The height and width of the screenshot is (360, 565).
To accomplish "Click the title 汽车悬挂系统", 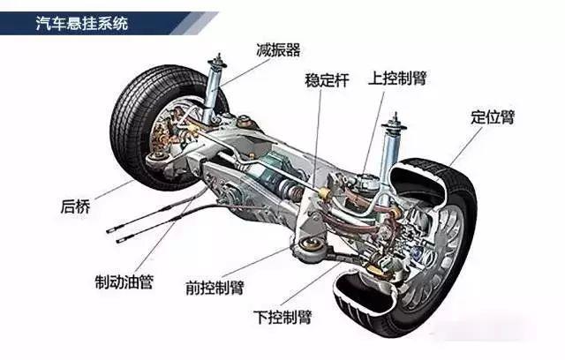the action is pos(82,24).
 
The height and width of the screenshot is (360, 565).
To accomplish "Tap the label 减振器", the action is pos(278,50).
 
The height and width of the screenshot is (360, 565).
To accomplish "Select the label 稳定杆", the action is pos(327,80).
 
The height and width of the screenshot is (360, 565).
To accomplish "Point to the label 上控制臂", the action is pos(397,78).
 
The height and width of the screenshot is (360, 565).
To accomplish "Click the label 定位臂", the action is pos(493,117).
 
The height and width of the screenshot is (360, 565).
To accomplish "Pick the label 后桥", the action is pos(75,206).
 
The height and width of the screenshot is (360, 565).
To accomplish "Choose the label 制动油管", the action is pos(124,281).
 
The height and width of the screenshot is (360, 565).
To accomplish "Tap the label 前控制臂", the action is pos(215,288).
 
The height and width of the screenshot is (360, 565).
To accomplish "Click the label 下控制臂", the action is pos(282,317).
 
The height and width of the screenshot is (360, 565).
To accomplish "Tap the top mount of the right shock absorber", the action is pos(395,124).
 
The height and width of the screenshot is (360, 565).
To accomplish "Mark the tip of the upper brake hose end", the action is pos(107,231).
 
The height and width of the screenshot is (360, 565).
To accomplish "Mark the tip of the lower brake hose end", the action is pos(117,241).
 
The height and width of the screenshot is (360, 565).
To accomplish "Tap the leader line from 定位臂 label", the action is pos(466,146).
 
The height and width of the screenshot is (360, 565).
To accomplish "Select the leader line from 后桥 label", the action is pos(114,190).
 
